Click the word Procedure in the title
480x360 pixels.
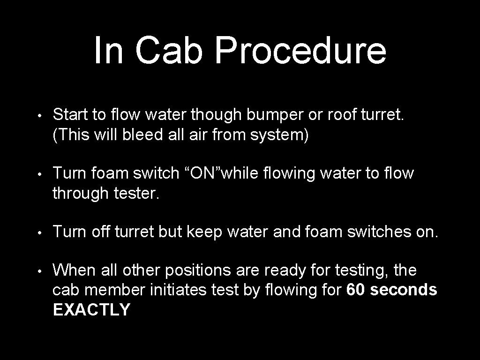coord(300,51)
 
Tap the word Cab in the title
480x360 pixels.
coord(169,51)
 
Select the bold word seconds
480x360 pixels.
coord(404,290)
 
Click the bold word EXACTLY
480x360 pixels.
coord(91,310)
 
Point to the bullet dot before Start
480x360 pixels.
coord(41,115)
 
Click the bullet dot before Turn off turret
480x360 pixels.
coord(41,232)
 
